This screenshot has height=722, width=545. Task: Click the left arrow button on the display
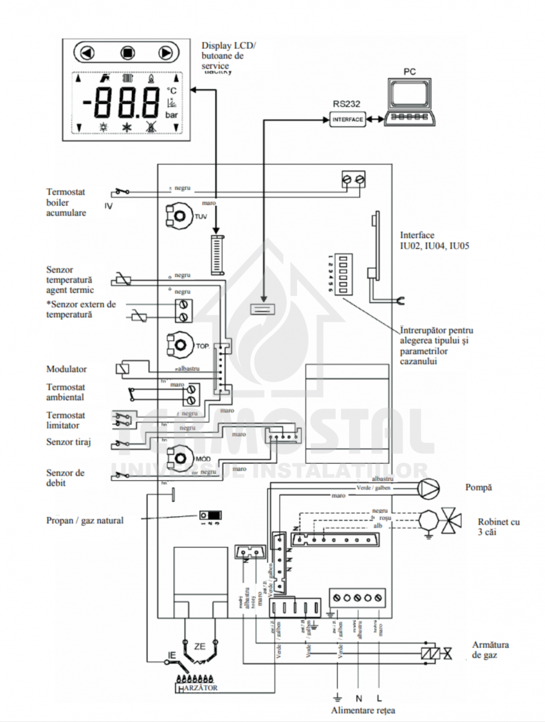pos(88,53)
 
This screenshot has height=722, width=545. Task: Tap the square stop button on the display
pos(126,53)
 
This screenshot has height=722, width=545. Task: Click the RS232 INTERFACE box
pos(348,120)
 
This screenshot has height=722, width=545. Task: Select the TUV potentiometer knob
pos(179,216)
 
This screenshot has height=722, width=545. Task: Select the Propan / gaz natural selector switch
pos(211,516)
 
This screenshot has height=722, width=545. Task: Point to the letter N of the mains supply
pos(359,699)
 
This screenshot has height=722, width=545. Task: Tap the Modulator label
pos(67,369)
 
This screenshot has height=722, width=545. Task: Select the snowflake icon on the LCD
pos(127,127)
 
